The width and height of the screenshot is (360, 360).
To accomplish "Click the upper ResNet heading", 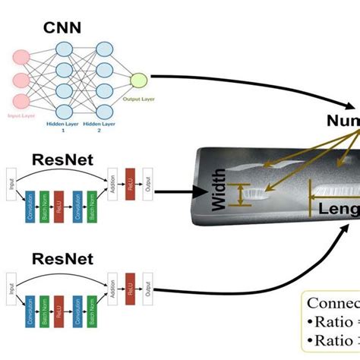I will pos(62,159).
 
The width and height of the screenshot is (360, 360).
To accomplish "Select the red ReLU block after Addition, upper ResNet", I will pos(130,186).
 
